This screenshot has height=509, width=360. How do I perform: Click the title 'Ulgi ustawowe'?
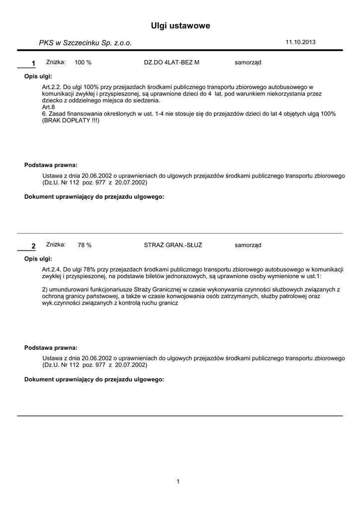tap(180, 25)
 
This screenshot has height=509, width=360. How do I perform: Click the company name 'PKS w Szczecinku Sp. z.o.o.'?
tap(86, 43)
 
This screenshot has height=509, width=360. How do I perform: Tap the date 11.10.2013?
tap(300, 42)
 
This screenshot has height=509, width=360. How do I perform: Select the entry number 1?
tap(33, 63)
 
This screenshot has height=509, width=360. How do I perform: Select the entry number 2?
tap(33, 246)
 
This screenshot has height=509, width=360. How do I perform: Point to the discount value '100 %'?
tap(83, 63)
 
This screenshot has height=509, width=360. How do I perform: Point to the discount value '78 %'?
tap(85, 245)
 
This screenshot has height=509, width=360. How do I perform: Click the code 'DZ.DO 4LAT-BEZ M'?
tap(171, 63)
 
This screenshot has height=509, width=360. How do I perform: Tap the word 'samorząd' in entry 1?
tap(248, 63)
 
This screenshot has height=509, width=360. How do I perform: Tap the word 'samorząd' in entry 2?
tap(248, 245)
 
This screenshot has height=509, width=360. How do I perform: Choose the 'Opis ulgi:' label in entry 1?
tap(38, 77)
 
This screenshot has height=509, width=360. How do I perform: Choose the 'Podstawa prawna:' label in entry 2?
tap(51, 348)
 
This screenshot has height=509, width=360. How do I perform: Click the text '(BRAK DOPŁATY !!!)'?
tap(71, 121)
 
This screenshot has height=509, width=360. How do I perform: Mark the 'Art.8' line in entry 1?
tap(49, 107)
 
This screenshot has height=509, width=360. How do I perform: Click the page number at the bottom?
tap(178, 481)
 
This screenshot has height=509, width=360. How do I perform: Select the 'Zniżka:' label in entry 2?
tap(56, 245)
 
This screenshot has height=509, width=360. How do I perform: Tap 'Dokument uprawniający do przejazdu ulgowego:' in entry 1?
tap(94, 197)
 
